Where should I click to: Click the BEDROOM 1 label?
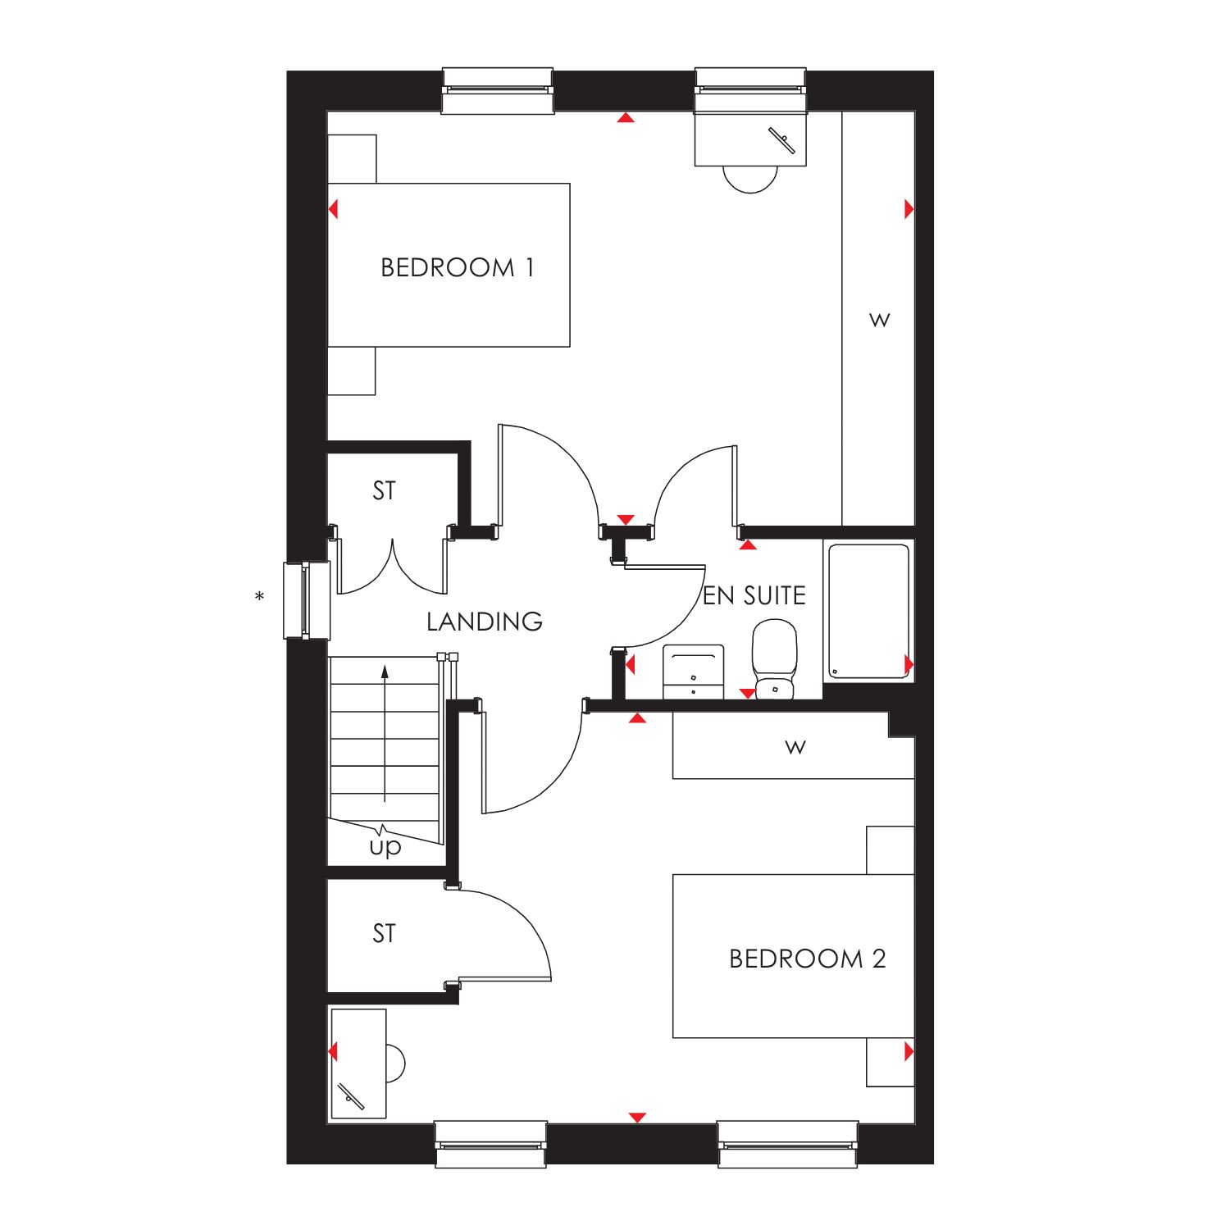point(458,267)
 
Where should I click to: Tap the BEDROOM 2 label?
point(808,959)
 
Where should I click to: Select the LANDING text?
point(485,622)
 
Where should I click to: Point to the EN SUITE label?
point(754,595)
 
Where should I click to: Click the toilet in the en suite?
point(775,659)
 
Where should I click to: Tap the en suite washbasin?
point(693,672)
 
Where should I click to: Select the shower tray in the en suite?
point(868,611)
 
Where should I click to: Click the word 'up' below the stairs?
point(385,846)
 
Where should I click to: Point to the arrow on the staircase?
point(385,734)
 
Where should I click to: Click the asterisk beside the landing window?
point(260,597)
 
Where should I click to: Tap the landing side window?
point(306,600)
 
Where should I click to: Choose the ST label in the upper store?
point(384,490)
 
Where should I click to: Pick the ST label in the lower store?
point(384,933)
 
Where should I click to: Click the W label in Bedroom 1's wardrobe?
point(880,319)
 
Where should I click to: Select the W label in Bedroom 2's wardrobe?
point(795,747)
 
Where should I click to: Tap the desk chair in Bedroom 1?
point(750,179)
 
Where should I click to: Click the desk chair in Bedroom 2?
point(395,1064)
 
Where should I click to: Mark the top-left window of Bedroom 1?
point(498,90)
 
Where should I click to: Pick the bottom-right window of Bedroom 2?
point(788,1144)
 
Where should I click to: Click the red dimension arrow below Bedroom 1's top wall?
point(626,118)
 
